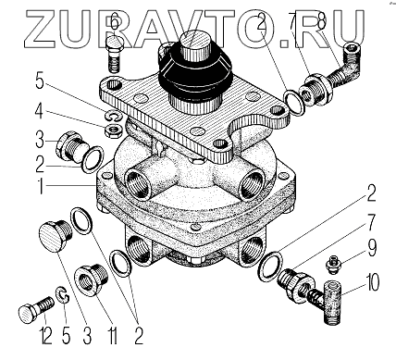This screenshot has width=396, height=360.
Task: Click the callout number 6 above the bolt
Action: [115, 22]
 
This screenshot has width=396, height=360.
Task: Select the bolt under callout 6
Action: [115, 55]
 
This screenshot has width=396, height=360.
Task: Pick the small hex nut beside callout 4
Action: [112, 130]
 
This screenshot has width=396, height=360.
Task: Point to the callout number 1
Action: [40, 185]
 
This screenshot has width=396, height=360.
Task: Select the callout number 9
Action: [372, 248]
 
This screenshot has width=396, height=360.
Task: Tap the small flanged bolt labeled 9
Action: [333, 266]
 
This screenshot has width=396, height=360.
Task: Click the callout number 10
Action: [373, 282]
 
